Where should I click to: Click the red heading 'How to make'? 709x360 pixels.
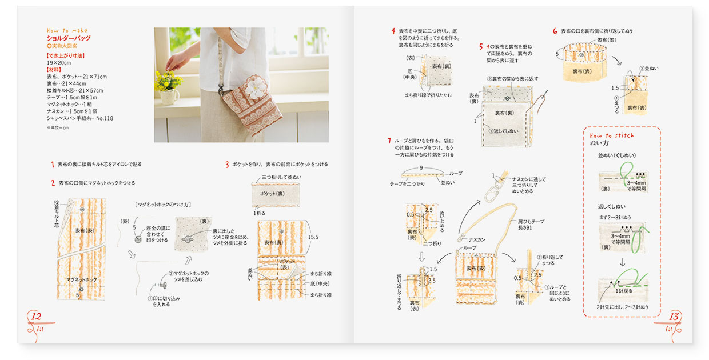67,31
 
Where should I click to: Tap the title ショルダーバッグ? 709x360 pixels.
69,38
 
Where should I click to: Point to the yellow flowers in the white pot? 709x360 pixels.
168,81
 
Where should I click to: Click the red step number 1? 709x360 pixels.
52,165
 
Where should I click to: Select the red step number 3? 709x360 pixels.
227,165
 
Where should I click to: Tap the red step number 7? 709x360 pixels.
389,140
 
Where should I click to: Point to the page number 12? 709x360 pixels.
35,317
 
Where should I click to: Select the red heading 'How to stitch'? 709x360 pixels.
612,135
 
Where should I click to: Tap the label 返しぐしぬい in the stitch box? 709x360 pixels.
612,206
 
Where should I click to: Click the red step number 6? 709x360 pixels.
555,31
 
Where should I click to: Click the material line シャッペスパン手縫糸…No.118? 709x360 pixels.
80,119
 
